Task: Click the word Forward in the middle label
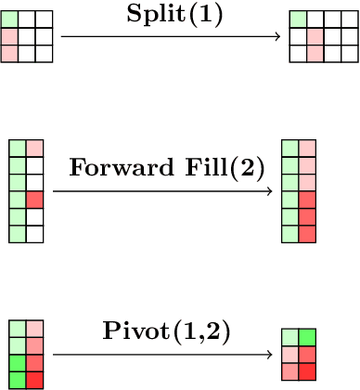pos(113,170)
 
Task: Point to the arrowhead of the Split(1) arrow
pos(277,37)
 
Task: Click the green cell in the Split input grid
pos(9,19)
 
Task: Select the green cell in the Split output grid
pos(298,19)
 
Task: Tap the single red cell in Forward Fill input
pos(35,200)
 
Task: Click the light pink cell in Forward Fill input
pos(35,148)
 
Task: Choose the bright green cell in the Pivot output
pos(308,337)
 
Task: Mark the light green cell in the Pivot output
pos(290,337)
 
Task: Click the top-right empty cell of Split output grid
pos(350,19)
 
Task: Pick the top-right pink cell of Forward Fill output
pos(308,148)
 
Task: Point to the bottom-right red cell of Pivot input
pos(35,380)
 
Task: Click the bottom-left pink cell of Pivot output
pos(290,371)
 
